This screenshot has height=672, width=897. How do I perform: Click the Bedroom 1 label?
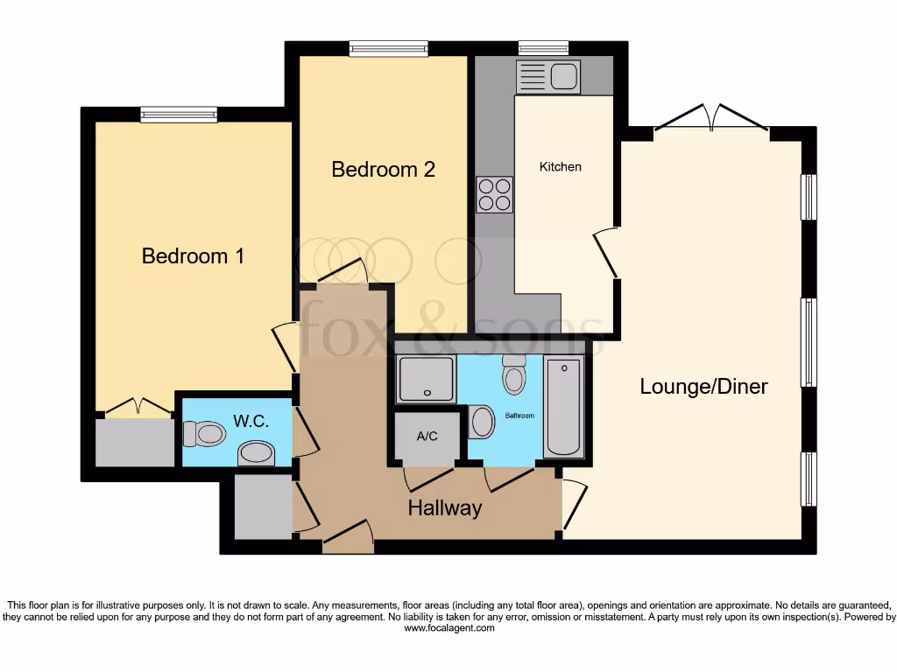click(x=193, y=256)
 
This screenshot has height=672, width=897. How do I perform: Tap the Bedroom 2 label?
click(x=383, y=169)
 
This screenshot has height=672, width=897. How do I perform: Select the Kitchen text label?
click(x=560, y=166)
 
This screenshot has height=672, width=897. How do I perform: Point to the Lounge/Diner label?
click(x=703, y=386)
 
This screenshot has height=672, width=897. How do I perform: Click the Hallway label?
click(x=444, y=507)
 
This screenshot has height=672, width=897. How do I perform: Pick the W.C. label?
click(x=250, y=421)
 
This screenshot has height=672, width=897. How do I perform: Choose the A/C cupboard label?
click(x=427, y=436)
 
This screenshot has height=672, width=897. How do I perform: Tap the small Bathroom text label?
click(x=519, y=416)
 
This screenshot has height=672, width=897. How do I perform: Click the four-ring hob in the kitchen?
click(x=494, y=194)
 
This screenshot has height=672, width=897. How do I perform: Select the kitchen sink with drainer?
click(x=547, y=77)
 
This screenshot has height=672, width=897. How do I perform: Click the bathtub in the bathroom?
click(x=564, y=407)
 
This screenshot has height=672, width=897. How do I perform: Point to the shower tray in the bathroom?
click(x=426, y=380)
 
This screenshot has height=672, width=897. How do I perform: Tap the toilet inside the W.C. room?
click(x=203, y=433)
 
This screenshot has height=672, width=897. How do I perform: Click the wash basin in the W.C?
click(x=256, y=452)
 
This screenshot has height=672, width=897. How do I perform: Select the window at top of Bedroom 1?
click(x=179, y=114)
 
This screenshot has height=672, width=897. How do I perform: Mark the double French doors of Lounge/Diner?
click(x=711, y=116)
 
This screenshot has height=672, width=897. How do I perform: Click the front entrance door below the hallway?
click(x=348, y=538)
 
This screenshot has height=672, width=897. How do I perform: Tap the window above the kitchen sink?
click(x=543, y=48)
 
